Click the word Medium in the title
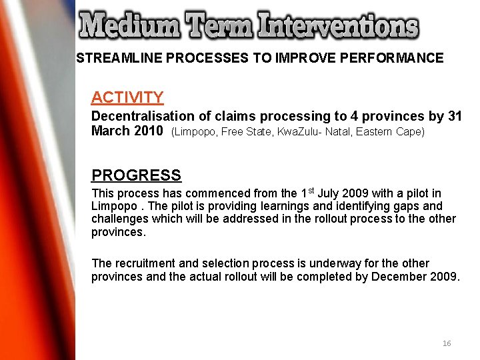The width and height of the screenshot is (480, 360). pyautogui.click(x=130, y=27)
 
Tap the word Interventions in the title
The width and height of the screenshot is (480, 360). pyautogui.click(x=339, y=27)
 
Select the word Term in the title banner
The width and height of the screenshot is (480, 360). pyautogui.click(x=220, y=27)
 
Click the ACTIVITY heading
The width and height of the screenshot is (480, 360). pyautogui.click(x=127, y=97)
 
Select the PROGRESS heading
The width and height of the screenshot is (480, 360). pyautogui.click(x=136, y=175)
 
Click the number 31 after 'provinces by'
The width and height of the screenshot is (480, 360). pyautogui.click(x=455, y=117)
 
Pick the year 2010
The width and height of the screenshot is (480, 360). pyautogui.click(x=148, y=131)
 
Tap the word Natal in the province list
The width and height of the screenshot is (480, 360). pyautogui.click(x=335, y=131)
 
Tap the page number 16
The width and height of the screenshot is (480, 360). pyautogui.click(x=446, y=343)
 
